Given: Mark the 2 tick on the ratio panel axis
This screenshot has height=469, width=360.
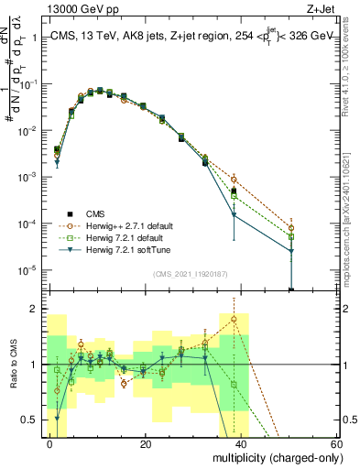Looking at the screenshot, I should tap(36, 309).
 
